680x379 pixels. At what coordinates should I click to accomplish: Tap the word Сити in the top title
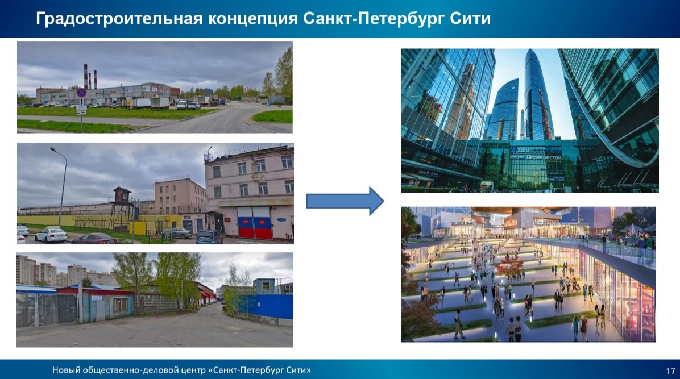pos(469,19)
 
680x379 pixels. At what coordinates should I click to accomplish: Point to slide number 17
pos(670,371)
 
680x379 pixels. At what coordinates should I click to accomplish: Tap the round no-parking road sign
pos(81,92)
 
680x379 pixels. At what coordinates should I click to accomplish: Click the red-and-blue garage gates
pos(254,223)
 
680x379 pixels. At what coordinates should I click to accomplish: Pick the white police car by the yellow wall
pos(51,235)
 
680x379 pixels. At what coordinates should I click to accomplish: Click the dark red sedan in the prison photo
pos(94,239)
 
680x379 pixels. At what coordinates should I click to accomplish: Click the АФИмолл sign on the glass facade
pos(521,148)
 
